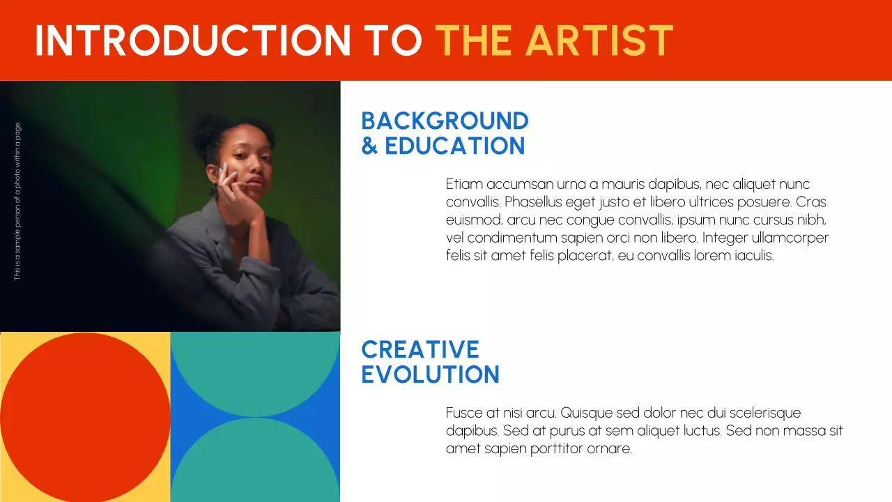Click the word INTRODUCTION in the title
192,40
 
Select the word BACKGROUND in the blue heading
445,121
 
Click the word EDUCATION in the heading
454,146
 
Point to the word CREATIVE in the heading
420,349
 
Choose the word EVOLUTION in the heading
430,374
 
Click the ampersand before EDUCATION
369,146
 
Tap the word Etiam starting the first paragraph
464,185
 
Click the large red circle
85,417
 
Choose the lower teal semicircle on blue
255,464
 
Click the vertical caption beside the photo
17,202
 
